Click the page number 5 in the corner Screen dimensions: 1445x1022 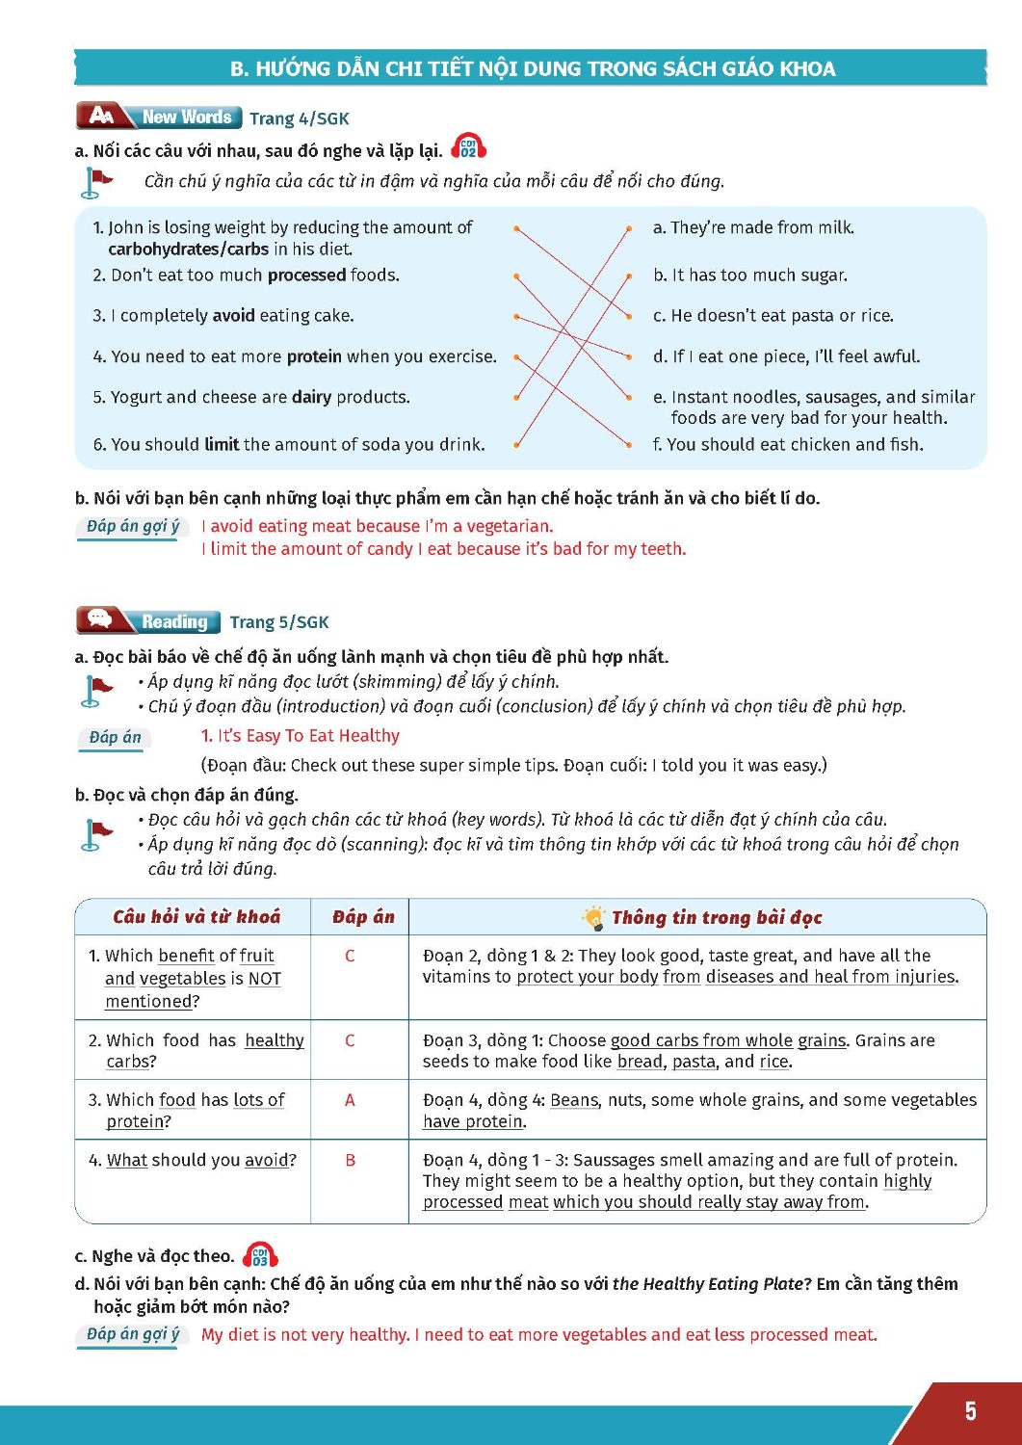pos(970,1411)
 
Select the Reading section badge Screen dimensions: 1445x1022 pos(148,621)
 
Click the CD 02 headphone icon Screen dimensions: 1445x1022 pos(468,147)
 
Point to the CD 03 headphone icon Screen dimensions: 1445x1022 pos(260,1255)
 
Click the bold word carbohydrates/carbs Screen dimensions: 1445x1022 pos(188,250)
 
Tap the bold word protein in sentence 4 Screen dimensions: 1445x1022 pos(314,356)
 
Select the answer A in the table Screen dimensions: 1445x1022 pos(350,1100)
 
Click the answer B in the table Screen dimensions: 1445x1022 pos(350,1160)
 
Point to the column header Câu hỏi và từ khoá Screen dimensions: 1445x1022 pos(197,917)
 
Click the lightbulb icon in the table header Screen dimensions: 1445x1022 pos(593,917)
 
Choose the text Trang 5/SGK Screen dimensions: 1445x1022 pos(279,622)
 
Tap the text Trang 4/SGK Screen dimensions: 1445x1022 pos(300,118)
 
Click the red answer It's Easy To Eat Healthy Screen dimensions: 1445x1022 pos(301,736)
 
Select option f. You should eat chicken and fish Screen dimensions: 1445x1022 pos(788,444)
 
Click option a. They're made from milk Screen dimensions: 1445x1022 pos(753,227)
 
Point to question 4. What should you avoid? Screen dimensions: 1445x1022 pos(193,1160)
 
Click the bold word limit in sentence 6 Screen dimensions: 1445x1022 pos(222,444)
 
